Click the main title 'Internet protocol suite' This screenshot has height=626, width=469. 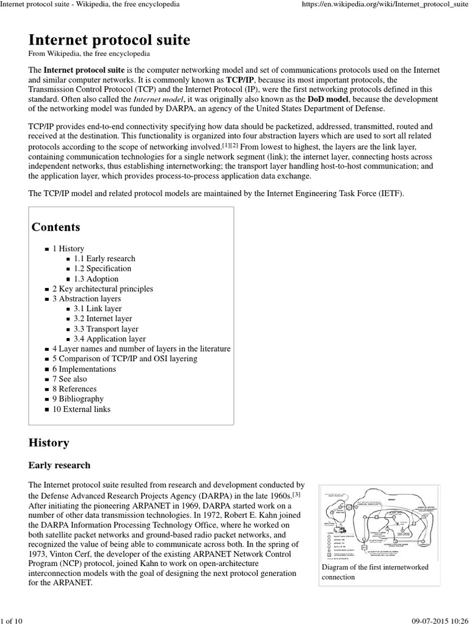point(109,40)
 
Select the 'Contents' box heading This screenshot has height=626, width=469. point(56,227)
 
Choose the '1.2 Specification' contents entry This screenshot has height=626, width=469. point(102,268)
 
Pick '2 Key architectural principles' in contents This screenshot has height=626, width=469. point(102,289)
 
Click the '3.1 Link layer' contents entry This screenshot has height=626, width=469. point(97,309)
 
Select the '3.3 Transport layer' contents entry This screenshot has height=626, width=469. point(106,329)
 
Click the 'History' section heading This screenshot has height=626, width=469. point(49,443)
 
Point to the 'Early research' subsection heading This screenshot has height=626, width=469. point(59,465)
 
